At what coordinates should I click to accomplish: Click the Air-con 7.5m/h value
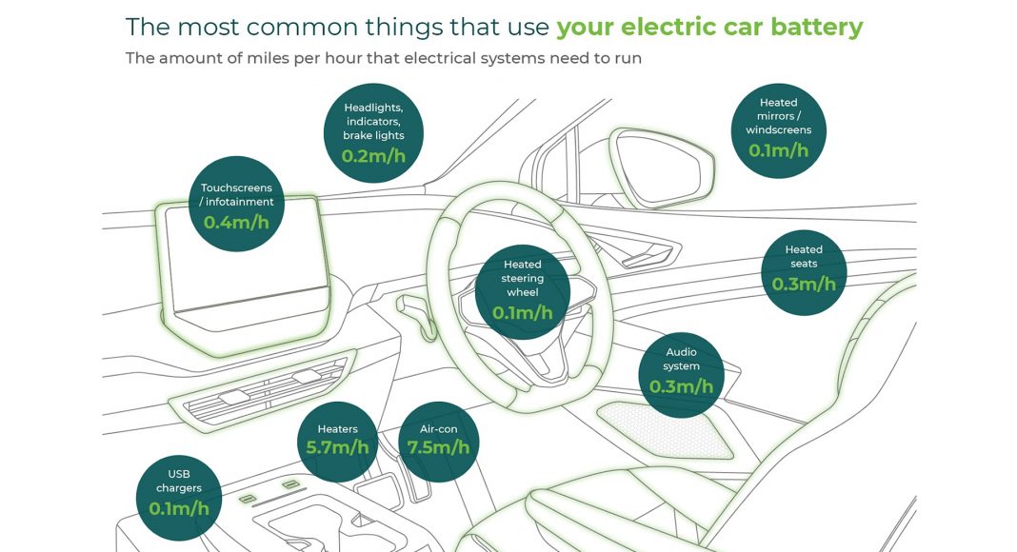click(438, 447)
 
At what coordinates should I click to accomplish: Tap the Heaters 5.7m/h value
click(337, 447)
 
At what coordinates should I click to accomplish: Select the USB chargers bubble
click(179, 498)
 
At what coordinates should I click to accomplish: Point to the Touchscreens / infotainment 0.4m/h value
click(236, 222)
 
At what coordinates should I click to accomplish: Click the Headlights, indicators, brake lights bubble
click(373, 133)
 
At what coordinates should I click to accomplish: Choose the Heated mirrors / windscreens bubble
click(778, 130)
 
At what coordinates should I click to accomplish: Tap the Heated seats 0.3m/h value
click(804, 284)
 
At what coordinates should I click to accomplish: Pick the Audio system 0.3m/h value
click(681, 386)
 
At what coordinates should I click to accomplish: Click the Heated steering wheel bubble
click(523, 292)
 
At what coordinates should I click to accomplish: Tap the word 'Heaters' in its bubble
click(337, 429)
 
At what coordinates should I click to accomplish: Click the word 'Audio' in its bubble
click(681, 352)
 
